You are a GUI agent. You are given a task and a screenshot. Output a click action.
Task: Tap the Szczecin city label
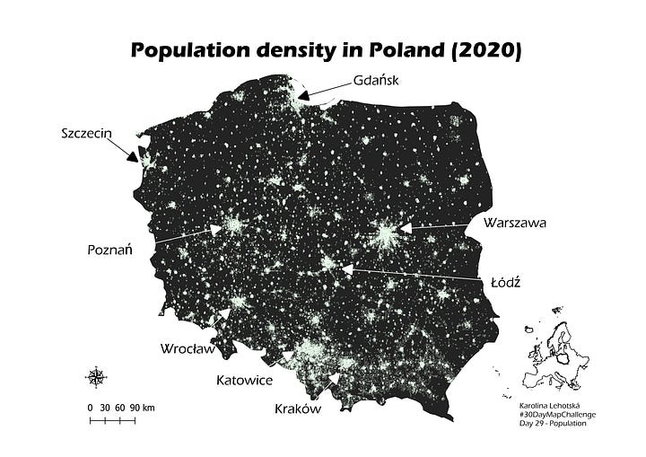pos(86,134)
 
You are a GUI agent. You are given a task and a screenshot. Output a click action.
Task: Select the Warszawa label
pos(514,222)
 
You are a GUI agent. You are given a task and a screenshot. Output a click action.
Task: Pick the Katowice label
pos(244,380)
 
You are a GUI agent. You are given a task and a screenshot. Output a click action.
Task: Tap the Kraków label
pos(295,409)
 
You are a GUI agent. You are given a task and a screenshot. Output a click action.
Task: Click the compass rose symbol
pos(96,376)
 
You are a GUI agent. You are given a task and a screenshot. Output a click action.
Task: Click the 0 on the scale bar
pos(91,408)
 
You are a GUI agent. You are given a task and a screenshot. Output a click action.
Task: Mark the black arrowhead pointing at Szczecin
pos(135,156)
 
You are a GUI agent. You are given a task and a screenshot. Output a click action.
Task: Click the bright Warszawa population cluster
pos(387,235)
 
